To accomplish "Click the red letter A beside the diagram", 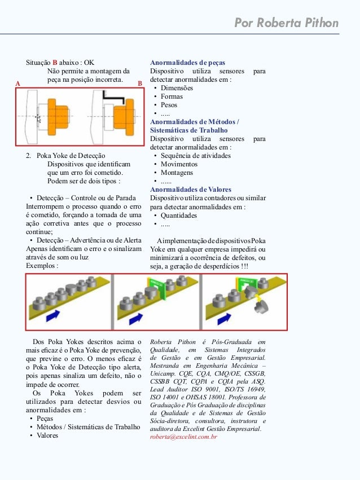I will click(x=18, y=83).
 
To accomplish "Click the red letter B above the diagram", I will click(x=139, y=83).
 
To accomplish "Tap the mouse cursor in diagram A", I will click(x=38, y=118).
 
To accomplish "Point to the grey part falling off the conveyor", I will click(x=261, y=307).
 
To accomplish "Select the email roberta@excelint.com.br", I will click(x=183, y=437).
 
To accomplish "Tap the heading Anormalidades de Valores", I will click(x=187, y=190).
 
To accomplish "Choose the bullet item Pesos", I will click(x=169, y=105).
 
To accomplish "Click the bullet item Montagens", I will click(x=177, y=173).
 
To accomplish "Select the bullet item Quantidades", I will click(x=179, y=215).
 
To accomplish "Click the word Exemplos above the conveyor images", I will click(x=42, y=265).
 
